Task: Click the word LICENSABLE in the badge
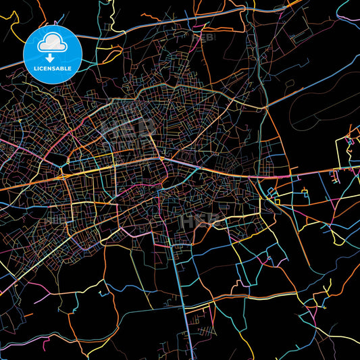(52, 68)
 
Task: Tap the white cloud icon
(52, 44)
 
